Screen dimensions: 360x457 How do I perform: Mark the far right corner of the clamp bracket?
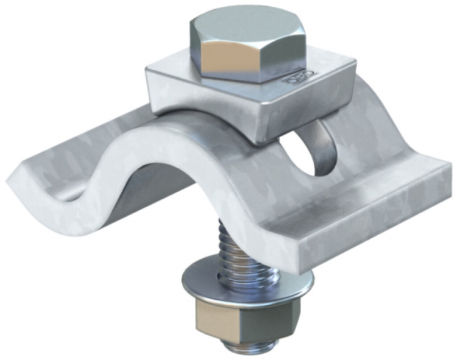click(x=451, y=177)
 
